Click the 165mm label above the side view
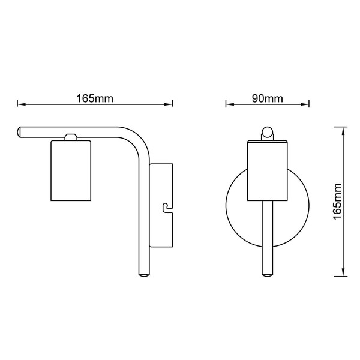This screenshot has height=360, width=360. (x=95, y=98)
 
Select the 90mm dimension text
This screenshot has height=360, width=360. (x=268, y=98)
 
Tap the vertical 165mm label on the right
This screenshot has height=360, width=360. (x=337, y=202)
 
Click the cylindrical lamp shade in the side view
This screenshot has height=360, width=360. (x=71, y=170)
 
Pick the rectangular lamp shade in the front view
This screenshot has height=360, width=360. (x=268, y=170)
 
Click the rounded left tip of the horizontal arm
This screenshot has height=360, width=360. (x=19, y=132)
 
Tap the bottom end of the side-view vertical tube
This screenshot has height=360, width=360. (x=144, y=274)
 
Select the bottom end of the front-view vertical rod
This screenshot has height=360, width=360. (x=268, y=274)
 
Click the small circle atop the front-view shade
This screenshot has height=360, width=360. (x=268, y=132)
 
